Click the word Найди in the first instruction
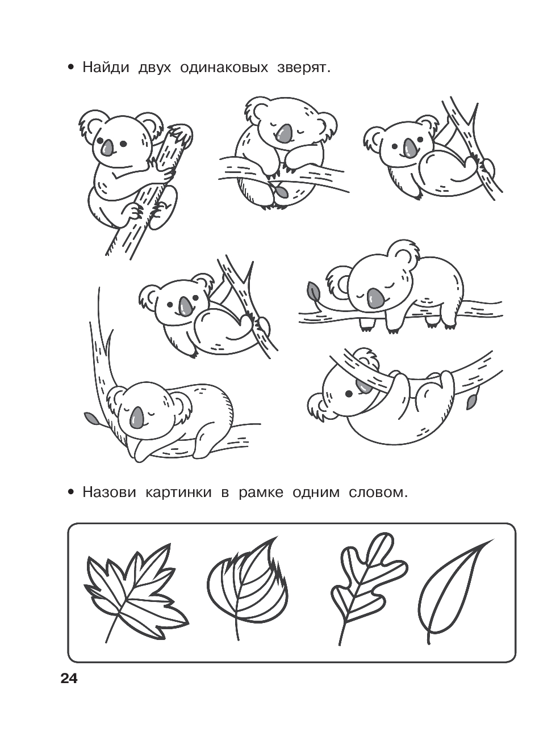(x=106, y=68)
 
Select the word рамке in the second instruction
(x=261, y=492)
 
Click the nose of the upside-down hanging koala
(x=363, y=386)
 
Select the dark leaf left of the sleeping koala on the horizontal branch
(x=313, y=291)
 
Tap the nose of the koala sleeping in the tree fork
(x=137, y=418)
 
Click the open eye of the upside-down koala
(x=350, y=393)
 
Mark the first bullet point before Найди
(x=70, y=69)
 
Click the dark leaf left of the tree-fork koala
(x=90, y=418)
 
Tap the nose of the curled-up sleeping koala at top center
(x=285, y=133)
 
